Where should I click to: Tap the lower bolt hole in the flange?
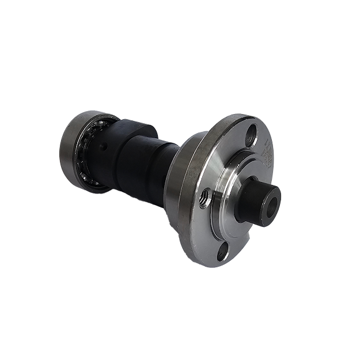point(226,251)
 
